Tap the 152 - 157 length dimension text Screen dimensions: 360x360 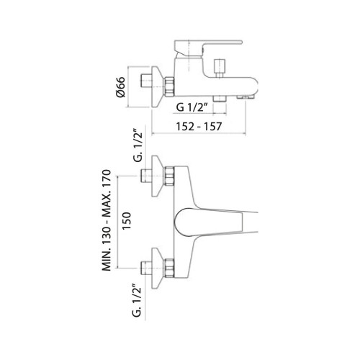[199, 126]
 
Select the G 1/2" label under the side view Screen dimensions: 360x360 [192, 107]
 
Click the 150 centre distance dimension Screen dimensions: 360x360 [127, 221]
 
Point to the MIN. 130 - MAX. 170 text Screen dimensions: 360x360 [107, 220]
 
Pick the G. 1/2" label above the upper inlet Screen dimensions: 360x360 [138, 146]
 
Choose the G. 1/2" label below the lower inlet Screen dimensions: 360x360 [136, 300]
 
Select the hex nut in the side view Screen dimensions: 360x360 [169, 86]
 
